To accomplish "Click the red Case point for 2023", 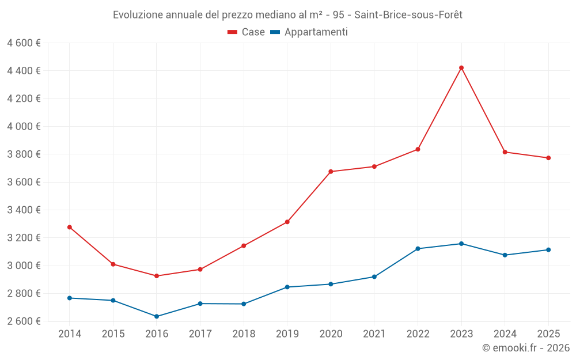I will pos(461,68).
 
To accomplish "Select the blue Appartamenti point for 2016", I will pos(157,316).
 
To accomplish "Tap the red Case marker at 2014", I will pos(70,227).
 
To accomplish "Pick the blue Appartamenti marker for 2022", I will pos(418,249).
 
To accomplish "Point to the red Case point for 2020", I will pos(331,172).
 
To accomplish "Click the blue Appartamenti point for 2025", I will pos(548,250).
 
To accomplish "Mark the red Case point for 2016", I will pos(157,276).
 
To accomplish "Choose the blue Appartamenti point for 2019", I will pos(287,287).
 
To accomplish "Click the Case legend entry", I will pos(253,32).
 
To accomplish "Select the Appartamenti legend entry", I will pos(316,32).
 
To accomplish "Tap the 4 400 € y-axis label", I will pos(24,71).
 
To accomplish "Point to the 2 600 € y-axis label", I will pos(24,321).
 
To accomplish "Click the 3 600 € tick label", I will pos(24,182).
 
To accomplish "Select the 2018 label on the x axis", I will pos(244,334).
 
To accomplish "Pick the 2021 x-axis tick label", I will pos(374,334).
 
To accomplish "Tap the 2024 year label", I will pos(505,334).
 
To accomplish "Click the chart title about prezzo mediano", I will pos(287,14).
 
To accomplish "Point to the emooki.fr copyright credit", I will pos(525,348).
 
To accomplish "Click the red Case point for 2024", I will pos(505,152).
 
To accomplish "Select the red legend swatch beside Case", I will pos(233,32).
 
